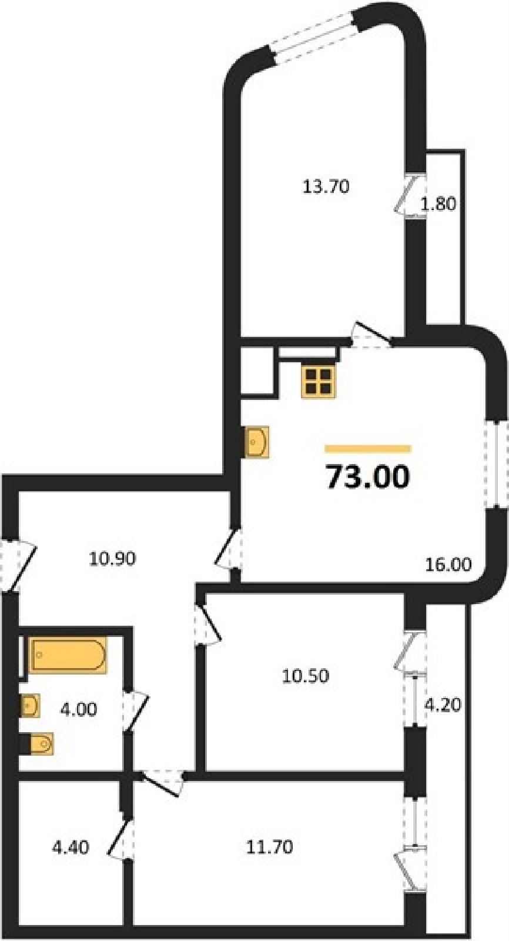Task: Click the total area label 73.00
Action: point(367,477)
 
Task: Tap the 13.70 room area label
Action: point(326,186)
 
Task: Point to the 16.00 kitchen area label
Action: point(448,564)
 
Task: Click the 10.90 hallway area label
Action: point(112,559)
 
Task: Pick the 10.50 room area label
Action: point(305,676)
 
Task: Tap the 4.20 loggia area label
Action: point(444,705)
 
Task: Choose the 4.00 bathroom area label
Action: point(79,709)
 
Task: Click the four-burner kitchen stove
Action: point(319,382)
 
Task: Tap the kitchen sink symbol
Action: point(257,442)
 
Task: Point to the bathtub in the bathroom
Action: point(67,655)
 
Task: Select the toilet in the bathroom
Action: point(41,744)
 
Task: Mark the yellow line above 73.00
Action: point(368,449)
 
